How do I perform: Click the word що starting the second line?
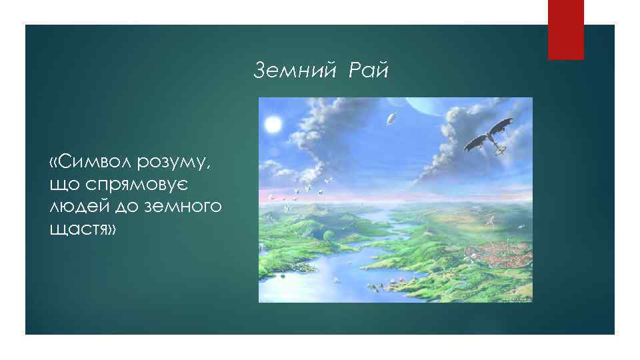(x=63, y=185)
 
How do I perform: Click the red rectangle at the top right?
(x=565, y=29)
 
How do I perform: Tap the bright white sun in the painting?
(x=272, y=124)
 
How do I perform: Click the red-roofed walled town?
(x=493, y=257)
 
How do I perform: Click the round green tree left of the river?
(x=328, y=234)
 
